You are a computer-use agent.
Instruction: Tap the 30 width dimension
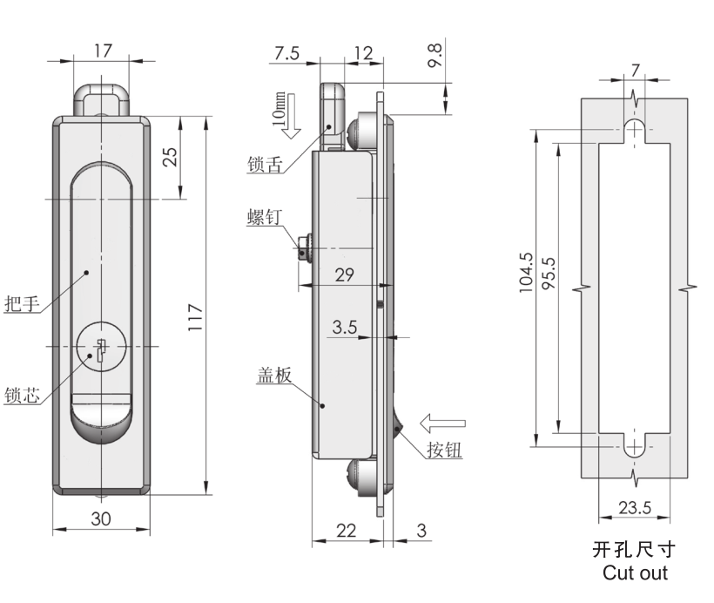(101, 518)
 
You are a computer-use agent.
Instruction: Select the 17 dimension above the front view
(103, 51)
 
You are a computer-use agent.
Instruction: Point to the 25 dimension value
(171, 156)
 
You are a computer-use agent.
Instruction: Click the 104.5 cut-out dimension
(526, 274)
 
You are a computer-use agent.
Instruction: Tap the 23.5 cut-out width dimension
(634, 507)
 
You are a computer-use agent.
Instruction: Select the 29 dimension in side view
(344, 274)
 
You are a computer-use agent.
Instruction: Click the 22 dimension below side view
(347, 530)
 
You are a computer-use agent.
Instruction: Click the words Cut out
(635, 573)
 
